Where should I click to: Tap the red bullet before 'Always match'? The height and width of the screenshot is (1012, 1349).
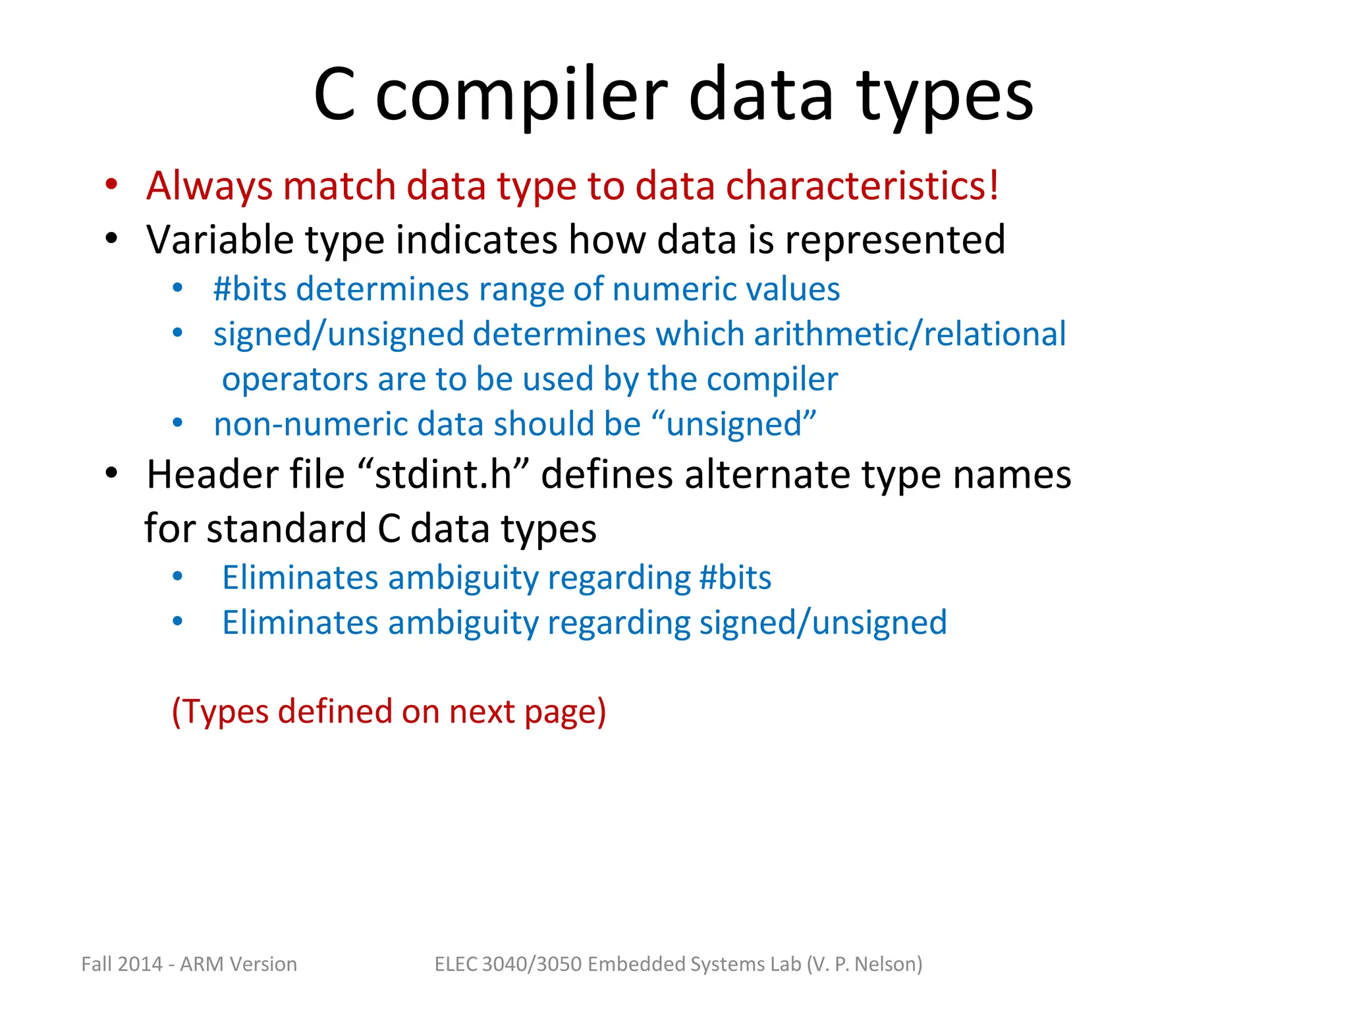(x=111, y=184)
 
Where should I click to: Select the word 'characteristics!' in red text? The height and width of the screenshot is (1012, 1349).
(x=862, y=185)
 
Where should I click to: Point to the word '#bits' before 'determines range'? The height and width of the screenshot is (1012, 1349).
(x=250, y=289)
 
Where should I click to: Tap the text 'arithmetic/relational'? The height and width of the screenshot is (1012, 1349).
(x=910, y=334)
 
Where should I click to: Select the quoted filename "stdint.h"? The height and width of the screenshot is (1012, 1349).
(x=443, y=474)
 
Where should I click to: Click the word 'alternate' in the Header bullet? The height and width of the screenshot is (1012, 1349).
(x=767, y=474)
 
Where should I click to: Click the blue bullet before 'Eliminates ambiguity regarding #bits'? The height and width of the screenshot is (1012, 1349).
(x=177, y=577)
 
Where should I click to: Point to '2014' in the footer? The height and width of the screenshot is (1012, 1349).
(x=140, y=964)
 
